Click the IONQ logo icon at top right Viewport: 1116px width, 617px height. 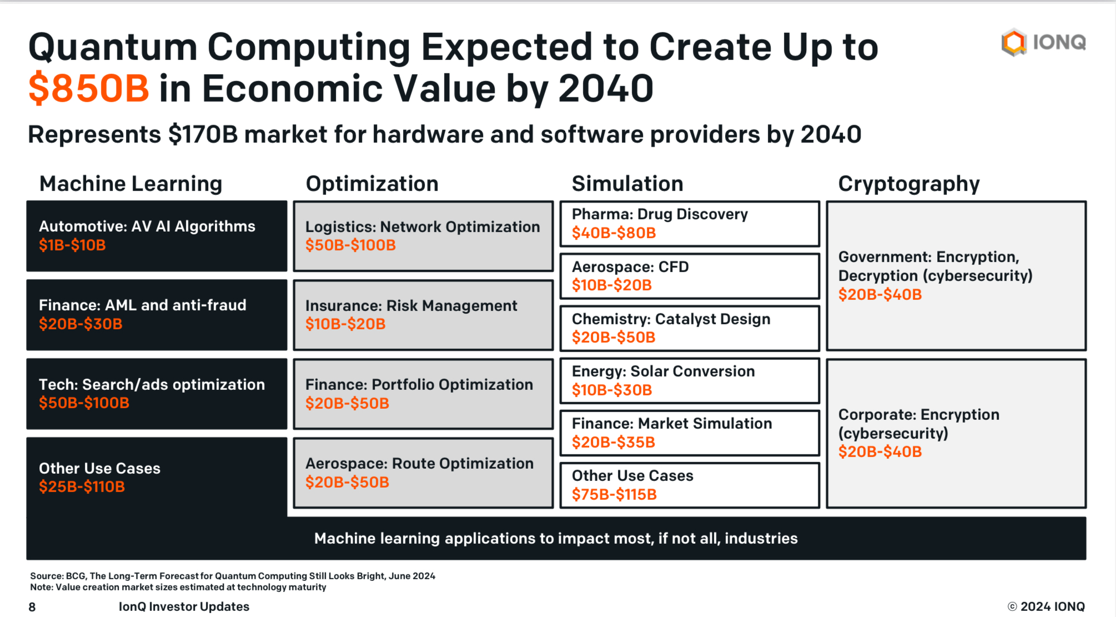[x=1014, y=43]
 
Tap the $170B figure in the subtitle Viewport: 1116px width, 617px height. [x=203, y=135]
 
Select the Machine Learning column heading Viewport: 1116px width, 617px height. [x=130, y=184]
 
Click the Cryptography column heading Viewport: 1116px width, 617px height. [x=908, y=184]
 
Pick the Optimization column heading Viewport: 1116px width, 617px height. [x=372, y=184]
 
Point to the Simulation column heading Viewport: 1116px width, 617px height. [x=627, y=184]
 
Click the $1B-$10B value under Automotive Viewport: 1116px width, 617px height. [x=72, y=245]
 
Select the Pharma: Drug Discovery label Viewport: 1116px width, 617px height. [x=660, y=214]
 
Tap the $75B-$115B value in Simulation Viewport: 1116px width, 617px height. [x=614, y=494]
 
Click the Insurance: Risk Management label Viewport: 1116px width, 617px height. [x=411, y=306]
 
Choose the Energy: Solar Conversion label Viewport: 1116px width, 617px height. [x=663, y=372]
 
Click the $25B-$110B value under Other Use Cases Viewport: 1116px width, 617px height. [x=82, y=487]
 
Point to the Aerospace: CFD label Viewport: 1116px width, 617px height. [x=630, y=267]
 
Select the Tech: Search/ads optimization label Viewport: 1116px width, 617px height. [x=152, y=385]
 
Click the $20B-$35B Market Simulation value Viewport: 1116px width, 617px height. [x=614, y=443]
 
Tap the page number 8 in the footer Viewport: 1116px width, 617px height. [x=32, y=607]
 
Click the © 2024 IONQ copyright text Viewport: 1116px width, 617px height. [x=1046, y=606]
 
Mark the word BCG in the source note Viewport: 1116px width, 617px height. [x=76, y=576]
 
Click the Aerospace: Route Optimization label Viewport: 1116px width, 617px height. [x=419, y=464]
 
